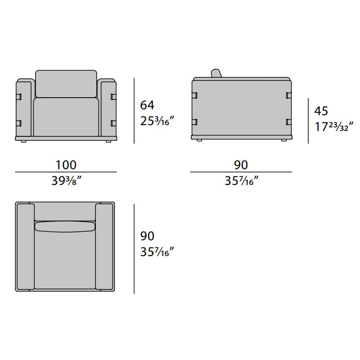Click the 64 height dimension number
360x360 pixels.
click(147, 105)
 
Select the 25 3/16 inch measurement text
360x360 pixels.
click(157, 121)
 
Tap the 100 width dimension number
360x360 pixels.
click(66, 165)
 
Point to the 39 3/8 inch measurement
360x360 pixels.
click(66, 181)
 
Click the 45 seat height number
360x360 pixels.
click(321, 111)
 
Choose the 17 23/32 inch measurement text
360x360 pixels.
click(334, 127)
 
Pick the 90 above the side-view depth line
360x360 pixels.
click(241, 165)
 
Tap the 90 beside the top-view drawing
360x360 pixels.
click(147, 236)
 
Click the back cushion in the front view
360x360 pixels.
click(66, 84)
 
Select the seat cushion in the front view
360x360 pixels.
click(66, 117)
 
